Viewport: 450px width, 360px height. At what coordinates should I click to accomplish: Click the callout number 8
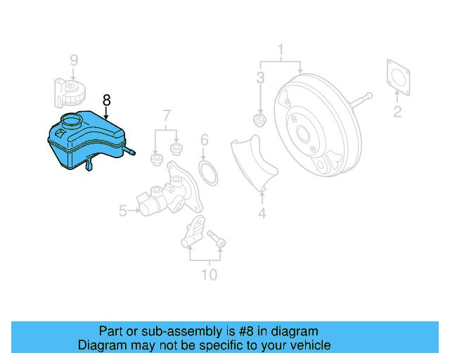click(107, 100)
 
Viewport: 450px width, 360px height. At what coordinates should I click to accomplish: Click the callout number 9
click(74, 60)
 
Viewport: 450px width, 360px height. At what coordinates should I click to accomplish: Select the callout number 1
click(281, 50)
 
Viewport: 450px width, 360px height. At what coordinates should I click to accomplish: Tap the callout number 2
click(397, 111)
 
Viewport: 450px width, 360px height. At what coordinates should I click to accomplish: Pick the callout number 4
click(262, 211)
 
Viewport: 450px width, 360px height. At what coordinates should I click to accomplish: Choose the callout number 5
click(122, 210)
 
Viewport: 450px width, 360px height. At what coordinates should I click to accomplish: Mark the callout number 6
click(204, 139)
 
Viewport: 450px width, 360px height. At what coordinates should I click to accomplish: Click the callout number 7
click(167, 114)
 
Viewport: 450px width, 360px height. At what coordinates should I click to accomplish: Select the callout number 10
click(210, 274)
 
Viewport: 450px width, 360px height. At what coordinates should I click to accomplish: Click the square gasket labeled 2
click(399, 75)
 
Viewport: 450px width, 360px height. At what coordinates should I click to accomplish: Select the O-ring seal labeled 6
click(207, 171)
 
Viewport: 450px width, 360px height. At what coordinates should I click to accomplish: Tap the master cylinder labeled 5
click(165, 197)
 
